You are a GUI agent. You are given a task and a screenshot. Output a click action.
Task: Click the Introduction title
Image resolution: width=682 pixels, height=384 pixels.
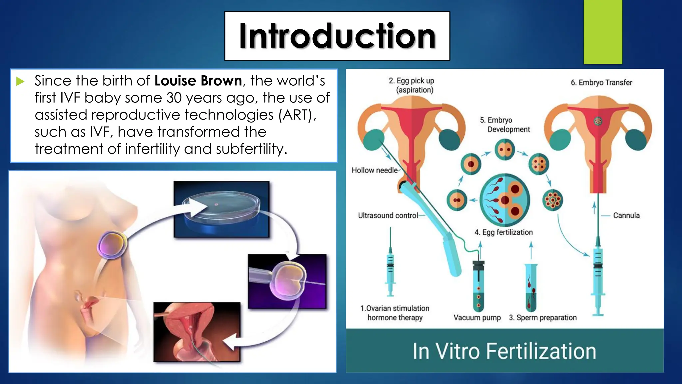(337, 36)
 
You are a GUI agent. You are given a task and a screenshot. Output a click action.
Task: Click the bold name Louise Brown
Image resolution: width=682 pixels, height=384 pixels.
(198, 81)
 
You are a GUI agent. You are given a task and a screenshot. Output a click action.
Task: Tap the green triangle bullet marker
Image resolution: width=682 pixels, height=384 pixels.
(20, 81)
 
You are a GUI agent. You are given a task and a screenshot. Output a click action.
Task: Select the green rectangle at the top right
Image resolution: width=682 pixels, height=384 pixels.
(603, 32)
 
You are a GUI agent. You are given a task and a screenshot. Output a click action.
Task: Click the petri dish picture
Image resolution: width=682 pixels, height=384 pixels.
(221, 209)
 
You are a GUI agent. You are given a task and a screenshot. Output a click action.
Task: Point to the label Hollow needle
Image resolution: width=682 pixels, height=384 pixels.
(375, 170)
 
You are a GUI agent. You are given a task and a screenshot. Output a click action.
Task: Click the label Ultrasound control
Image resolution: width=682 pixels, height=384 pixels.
(388, 216)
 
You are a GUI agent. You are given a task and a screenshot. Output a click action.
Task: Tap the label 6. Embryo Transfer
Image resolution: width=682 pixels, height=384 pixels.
(601, 83)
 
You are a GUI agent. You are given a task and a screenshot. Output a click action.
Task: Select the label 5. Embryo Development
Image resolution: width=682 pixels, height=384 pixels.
(505, 125)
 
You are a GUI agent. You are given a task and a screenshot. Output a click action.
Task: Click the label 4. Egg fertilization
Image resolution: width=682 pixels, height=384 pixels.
(504, 232)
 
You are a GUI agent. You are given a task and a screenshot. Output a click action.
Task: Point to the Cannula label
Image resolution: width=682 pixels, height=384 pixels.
(626, 216)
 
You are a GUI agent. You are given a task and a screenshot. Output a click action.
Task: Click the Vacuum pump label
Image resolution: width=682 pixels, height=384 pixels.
(477, 318)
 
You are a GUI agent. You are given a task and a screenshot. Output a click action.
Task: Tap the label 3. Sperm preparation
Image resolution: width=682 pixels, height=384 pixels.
(543, 318)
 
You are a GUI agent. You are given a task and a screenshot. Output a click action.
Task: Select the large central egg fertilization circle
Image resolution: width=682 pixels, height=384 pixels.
(505, 200)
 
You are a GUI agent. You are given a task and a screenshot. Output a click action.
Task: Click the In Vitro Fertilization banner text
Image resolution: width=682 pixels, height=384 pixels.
(504, 351)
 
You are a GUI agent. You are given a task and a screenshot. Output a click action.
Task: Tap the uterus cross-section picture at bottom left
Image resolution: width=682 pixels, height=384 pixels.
(197, 332)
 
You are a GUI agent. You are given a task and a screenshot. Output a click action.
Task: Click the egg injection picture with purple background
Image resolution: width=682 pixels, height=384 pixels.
(287, 281)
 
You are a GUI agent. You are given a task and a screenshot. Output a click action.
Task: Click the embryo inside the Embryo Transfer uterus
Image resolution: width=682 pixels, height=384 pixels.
(598, 121)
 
